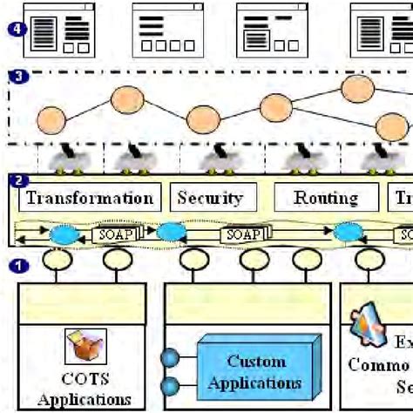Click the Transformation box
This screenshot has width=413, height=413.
(89, 198)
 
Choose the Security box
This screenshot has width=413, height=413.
(209, 198)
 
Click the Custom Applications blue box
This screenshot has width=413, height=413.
(256, 371)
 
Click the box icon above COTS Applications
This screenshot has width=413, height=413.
(85, 347)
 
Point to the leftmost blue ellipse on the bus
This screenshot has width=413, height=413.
(64, 234)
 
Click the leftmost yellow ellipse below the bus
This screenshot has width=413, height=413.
(58, 261)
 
